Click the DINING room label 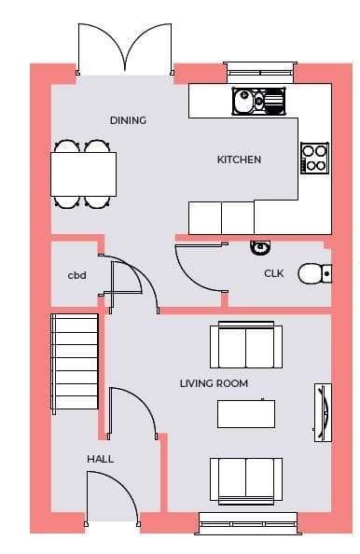tap(128, 120)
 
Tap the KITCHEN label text tap(239, 159)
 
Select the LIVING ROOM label tap(214, 383)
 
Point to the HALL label tap(101, 459)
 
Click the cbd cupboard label tap(77, 275)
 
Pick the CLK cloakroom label tap(274, 273)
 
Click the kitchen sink tap(258, 101)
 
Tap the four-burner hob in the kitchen tap(315, 158)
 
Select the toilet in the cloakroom tap(315, 274)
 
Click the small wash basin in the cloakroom tap(261, 247)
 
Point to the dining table tap(83, 174)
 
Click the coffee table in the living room tap(246, 414)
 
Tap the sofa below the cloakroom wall tap(246, 345)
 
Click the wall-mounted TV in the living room tap(323, 412)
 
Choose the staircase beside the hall tap(75, 363)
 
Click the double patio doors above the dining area tap(124, 49)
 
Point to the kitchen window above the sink tap(259, 73)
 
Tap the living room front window tap(248, 523)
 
